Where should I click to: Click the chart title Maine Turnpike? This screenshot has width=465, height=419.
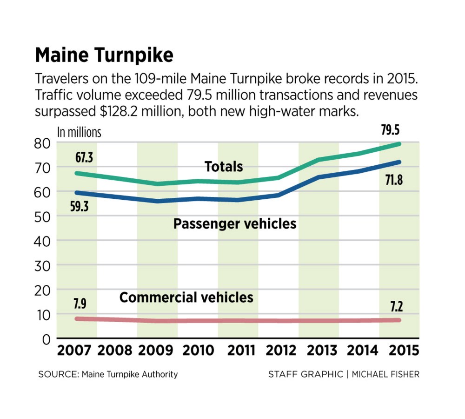point(104,55)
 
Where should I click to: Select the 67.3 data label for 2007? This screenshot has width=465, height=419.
point(84,157)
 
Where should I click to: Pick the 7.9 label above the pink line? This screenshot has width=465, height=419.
point(80,305)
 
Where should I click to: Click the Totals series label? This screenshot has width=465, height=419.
point(224,166)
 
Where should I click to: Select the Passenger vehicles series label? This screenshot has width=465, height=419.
point(234,223)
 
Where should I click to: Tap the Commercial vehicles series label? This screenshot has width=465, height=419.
point(186,297)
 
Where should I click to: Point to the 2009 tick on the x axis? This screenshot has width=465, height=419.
point(157,350)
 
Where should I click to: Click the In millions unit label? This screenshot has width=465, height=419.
point(79,132)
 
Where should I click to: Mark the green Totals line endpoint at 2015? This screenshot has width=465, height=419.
point(399,144)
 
